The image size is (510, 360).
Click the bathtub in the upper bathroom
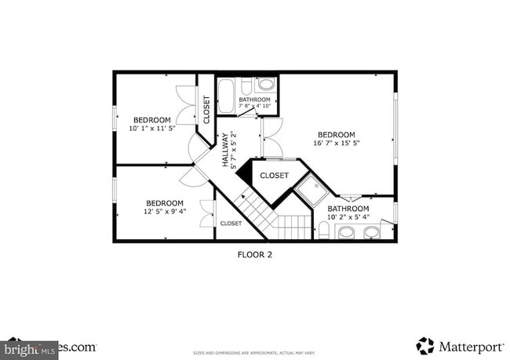tap(226, 95)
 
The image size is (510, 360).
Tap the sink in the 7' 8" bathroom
tap(267, 84)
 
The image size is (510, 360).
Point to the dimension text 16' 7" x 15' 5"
tap(336, 144)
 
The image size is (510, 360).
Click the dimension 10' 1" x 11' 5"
tap(152, 128)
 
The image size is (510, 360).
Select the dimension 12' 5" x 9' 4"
tap(165, 212)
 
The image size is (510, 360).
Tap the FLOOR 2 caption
tap(255, 254)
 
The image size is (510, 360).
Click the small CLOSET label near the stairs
tap(231, 224)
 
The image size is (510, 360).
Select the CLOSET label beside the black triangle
tap(275, 176)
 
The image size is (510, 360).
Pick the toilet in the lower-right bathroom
tap(323, 229)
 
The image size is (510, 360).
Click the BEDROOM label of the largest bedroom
tap(336, 134)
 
